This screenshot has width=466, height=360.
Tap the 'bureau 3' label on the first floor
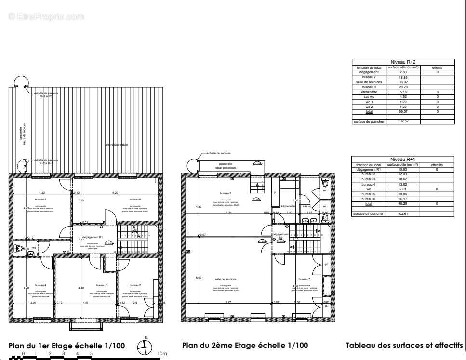coord(102,285)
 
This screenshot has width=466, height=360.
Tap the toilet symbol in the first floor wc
coord(18,248)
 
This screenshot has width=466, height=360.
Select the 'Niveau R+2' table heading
coord(403,62)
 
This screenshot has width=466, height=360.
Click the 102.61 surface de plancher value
coord(403,213)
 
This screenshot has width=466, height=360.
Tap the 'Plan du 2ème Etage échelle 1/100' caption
coord(245,346)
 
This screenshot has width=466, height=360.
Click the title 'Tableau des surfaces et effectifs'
coord(404,346)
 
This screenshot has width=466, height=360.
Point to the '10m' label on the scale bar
coord(162,354)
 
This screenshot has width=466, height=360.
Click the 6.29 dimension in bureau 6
coord(115,193)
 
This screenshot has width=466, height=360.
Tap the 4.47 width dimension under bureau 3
coord(85,303)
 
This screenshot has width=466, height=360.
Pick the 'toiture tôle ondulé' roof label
coord(117,144)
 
